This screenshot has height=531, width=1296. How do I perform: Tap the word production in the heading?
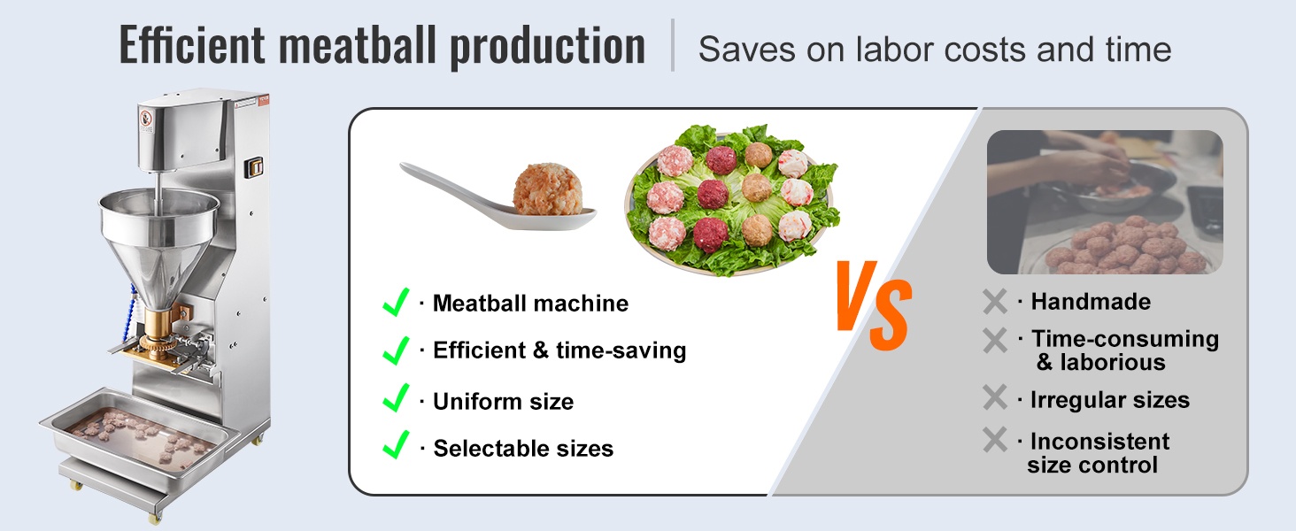tap(547, 48)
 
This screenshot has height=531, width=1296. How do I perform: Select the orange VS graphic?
tap(875, 305)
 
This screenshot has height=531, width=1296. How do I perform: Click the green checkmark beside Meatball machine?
tap(396, 302)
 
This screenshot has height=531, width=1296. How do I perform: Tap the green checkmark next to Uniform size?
tap(396, 398)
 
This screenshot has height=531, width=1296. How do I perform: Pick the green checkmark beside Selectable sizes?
tap(396, 445)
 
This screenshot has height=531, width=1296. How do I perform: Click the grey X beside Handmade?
tap(995, 302)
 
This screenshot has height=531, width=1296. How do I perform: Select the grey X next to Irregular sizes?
tap(995, 397)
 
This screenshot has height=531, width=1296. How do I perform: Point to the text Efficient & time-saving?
tap(559, 350)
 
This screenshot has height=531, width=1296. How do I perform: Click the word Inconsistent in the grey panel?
tap(1099, 442)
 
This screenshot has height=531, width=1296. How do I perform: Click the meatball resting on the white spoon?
tap(547, 189)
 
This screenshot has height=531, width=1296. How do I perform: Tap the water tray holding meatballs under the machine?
tap(140, 440)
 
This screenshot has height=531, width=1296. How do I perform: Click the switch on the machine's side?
tap(255, 167)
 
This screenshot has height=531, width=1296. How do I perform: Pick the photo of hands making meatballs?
tap(1105, 202)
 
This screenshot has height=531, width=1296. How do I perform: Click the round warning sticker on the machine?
tap(146, 118)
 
